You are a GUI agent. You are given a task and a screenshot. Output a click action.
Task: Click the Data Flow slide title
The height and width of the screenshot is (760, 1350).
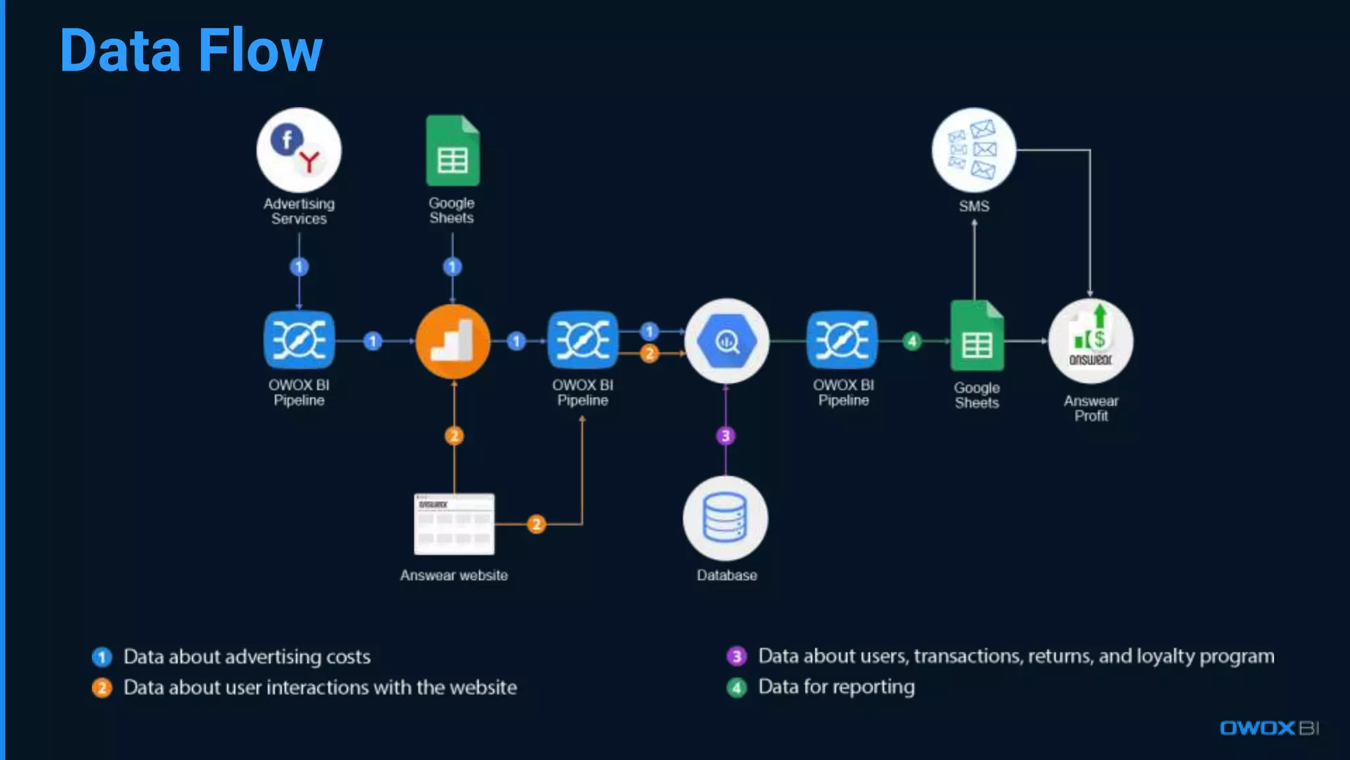(x=191, y=50)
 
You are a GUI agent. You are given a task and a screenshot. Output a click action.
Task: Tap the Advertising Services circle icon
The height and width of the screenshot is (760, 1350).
(x=299, y=150)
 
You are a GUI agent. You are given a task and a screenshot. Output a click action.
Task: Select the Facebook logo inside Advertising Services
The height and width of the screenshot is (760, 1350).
(x=287, y=140)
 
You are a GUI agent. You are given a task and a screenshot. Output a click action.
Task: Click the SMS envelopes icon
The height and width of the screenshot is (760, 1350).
(x=974, y=150)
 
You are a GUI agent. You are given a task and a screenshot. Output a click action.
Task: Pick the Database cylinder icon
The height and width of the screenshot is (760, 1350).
(x=726, y=518)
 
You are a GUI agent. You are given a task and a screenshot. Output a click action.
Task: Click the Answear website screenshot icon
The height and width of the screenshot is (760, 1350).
(x=454, y=524)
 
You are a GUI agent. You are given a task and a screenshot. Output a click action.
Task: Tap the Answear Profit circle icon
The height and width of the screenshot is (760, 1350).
(x=1091, y=341)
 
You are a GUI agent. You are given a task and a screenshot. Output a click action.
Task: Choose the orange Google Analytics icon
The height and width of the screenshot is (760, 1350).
(x=453, y=341)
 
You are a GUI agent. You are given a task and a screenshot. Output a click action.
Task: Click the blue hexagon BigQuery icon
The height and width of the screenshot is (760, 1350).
(x=726, y=341)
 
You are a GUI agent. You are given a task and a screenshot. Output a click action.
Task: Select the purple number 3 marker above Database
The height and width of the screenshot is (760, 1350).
(x=726, y=435)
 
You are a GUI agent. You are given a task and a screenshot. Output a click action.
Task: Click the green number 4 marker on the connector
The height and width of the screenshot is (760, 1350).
(x=912, y=341)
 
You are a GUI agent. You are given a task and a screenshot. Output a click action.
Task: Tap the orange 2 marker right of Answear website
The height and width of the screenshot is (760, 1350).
(x=537, y=524)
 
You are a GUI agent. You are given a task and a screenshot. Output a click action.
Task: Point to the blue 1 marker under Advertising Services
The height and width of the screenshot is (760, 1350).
(x=299, y=267)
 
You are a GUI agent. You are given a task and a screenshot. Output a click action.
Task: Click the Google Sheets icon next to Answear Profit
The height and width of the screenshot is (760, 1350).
(x=977, y=336)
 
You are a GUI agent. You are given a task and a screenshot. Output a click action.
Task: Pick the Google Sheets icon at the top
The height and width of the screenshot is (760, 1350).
(x=453, y=151)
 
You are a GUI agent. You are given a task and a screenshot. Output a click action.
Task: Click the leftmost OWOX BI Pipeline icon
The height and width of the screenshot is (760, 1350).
(x=299, y=340)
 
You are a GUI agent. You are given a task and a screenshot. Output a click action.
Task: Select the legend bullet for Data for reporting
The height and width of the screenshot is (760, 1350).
(x=736, y=687)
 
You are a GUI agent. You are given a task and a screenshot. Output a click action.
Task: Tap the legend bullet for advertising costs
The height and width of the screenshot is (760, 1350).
(x=102, y=657)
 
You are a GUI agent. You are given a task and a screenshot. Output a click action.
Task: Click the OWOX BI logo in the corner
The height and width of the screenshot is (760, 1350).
(x=1269, y=728)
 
